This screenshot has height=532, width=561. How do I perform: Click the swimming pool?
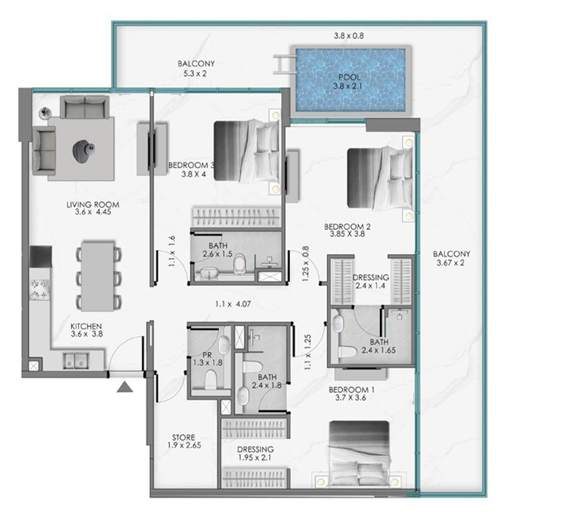(x=350, y=80)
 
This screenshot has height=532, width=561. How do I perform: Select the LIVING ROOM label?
(x=93, y=208)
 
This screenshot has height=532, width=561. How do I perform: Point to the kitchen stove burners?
(x=40, y=290)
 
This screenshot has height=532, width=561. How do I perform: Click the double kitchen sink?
(x=75, y=361)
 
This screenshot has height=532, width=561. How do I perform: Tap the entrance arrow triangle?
(x=125, y=387)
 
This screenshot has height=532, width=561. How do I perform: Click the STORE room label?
(x=184, y=441)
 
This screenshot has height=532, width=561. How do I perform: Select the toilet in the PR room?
(x=211, y=379)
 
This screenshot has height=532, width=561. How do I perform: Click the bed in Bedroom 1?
(x=359, y=454)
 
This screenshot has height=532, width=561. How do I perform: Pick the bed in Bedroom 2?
(x=380, y=178)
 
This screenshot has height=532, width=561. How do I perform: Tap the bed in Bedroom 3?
(x=247, y=151)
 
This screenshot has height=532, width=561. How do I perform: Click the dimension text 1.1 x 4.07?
(x=233, y=304)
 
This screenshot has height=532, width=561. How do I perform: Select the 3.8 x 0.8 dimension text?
(x=349, y=36)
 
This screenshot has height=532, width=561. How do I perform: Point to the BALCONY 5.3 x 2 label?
(x=196, y=69)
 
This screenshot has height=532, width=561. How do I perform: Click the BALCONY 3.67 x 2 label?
(x=451, y=258)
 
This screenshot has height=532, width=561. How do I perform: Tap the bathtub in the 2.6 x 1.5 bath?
(x=210, y=274)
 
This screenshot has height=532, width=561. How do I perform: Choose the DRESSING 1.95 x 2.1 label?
(x=255, y=454)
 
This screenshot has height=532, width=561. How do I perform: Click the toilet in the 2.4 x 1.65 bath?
(x=347, y=352)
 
